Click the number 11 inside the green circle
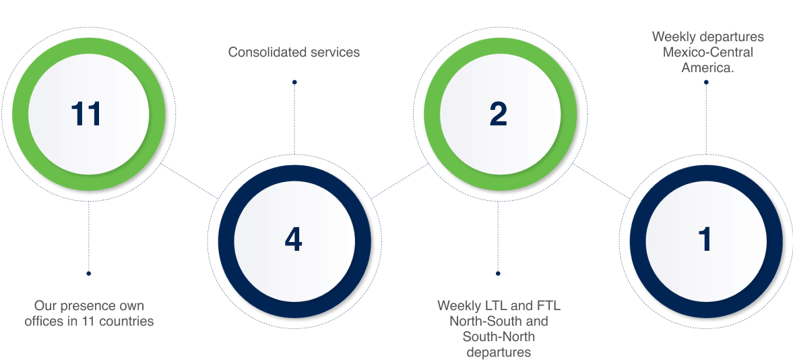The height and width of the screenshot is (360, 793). tap(86, 114)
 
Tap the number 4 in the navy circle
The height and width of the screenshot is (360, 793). tap(293, 239)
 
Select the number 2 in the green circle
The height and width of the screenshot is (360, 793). tap(499, 114)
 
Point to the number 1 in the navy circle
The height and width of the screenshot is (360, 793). tap(705, 239)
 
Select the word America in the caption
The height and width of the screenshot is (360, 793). tap(706, 67)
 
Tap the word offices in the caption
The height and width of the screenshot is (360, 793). tap(42, 321)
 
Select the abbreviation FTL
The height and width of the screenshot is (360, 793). tap(549, 306)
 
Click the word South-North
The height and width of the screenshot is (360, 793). tap(499, 336)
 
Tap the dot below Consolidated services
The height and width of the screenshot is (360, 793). tap(294, 82)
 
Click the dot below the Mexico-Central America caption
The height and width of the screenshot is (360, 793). tap(706, 82)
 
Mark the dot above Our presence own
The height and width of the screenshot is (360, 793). tap(88, 274)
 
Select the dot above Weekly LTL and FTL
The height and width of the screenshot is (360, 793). tap(498, 274)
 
